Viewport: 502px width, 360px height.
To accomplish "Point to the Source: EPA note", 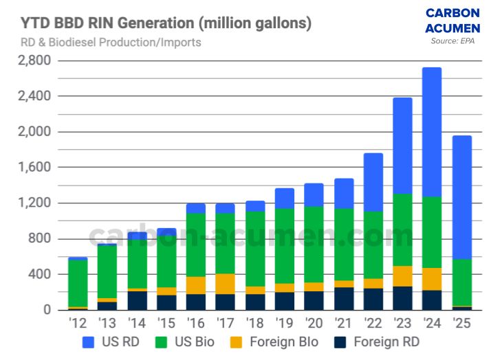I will [452, 41].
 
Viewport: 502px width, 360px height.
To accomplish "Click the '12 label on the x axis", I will [77, 323].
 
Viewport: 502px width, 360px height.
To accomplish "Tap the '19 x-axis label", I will [284, 323].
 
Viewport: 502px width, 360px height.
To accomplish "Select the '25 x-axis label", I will [461, 323].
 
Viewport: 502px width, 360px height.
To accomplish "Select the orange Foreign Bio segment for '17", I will [225, 284].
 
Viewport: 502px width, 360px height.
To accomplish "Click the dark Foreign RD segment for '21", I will [343, 299].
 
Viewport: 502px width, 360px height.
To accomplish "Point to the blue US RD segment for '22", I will [373, 182].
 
